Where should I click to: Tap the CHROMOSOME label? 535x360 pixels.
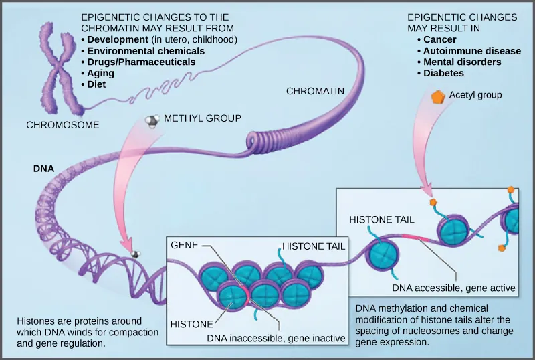click(x=63, y=125)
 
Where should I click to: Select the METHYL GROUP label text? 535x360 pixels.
click(x=202, y=118)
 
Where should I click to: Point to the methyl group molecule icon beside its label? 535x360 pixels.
click(x=152, y=121)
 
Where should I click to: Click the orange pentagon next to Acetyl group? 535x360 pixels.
click(x=437, y=96)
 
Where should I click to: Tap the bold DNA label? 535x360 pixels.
click(x=43, y=169)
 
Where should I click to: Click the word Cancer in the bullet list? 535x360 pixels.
click(x=439, y=39)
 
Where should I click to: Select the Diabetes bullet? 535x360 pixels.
click(x=443, y=73)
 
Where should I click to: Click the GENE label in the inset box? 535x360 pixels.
click(x=184, y=245)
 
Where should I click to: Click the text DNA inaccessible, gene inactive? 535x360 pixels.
click(x=276, y=338)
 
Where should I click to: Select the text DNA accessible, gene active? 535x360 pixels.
click(x=453, y=288)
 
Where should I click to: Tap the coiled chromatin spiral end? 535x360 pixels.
click(x=258, y=140)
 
